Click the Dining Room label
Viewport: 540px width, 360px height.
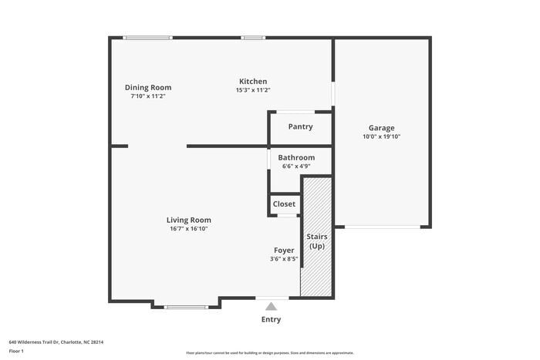click(x=148, y=87)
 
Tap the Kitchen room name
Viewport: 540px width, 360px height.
click(x=253, y=81)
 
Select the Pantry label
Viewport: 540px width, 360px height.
click(x=300, y=126)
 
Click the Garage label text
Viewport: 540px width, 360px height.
click(x=381, y=128)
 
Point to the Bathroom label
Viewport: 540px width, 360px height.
click(x=296, y=157)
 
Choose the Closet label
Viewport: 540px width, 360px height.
click(x=284, y=204)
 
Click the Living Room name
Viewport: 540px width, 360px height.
click(x=189, y=220)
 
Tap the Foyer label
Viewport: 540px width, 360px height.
click(x=284, y=251)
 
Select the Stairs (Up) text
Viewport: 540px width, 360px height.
click(x=316, y=241)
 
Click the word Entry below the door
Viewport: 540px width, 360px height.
click(x=271, y=320)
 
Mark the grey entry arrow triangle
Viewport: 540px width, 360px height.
click(x=271, y=306)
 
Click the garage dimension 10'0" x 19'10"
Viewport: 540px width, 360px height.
click(x=381, y=136)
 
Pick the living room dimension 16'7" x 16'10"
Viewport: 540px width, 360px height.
click(x=189, y=228)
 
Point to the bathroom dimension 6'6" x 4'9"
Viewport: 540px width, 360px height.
click(x=296, y=166)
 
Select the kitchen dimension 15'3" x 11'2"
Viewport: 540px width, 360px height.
click(x=253, y=89)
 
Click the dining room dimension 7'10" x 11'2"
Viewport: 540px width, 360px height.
click(x=148, y=96)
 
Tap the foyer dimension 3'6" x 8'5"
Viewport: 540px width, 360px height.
click(x=284, y=259)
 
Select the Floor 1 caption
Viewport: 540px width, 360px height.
click(x=16, y=352)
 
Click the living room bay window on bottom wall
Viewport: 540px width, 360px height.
click(x=186, y=307)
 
